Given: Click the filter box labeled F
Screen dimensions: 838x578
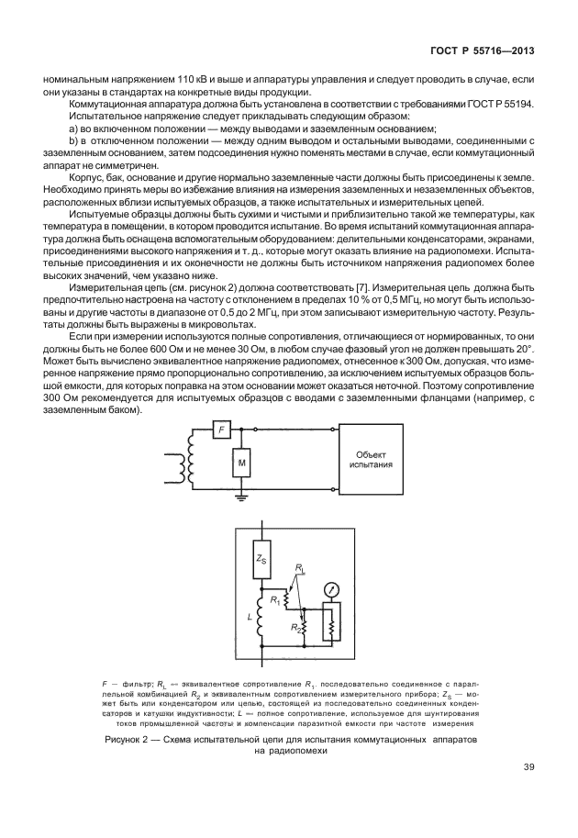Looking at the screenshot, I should [x=218, y=428].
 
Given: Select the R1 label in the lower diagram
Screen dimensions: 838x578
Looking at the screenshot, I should [x=274, y=600].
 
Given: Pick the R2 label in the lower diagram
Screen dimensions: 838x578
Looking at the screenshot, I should [x=296, y=629].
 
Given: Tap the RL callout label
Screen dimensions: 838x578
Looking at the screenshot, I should [x=300, y=569].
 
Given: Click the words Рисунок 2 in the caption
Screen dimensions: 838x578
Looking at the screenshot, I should [x=129, y=738].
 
